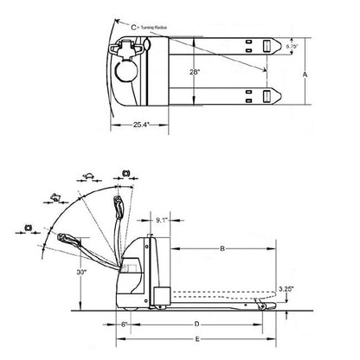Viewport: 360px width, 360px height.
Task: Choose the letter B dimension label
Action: click(223, 249)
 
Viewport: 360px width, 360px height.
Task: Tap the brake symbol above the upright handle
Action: click(125, 175)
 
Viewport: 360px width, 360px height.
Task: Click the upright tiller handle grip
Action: click(117, 207)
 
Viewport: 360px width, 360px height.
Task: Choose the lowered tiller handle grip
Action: click(66, 239)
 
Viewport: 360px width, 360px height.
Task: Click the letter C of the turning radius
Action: click(133, 27)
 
